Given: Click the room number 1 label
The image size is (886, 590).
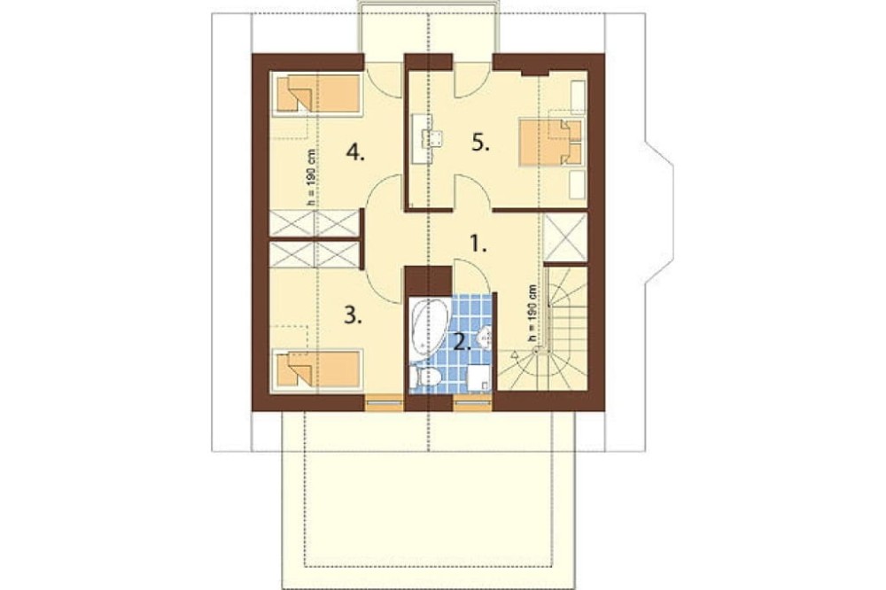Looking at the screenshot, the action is (478, 244).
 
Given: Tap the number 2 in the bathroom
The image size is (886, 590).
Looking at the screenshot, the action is (462, 341).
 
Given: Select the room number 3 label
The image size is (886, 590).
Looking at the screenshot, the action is (354, 316).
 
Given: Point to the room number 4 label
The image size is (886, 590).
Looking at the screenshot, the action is (355, 152).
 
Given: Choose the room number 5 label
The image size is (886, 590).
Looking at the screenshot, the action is (481, 144).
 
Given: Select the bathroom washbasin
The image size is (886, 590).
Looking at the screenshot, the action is (485, 338).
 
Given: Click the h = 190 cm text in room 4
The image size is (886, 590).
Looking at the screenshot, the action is (311, 176).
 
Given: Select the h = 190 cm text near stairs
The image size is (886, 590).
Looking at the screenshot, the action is (532, 312).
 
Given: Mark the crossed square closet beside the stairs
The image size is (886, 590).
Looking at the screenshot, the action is (565, 237).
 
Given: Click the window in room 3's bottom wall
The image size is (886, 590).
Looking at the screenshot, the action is (384, 403).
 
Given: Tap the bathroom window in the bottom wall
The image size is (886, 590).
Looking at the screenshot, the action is (473, 403).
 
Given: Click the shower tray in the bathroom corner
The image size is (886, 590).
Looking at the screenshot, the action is (479, 377).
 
